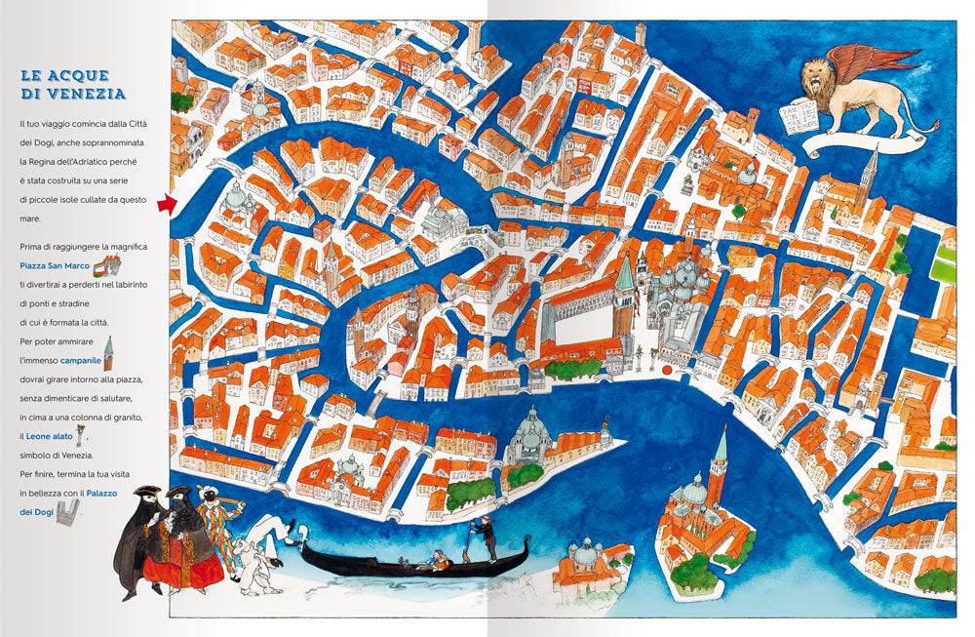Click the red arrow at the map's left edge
tap(163, 204)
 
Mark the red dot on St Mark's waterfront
tap(668, 371)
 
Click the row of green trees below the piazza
tap(573, 368)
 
